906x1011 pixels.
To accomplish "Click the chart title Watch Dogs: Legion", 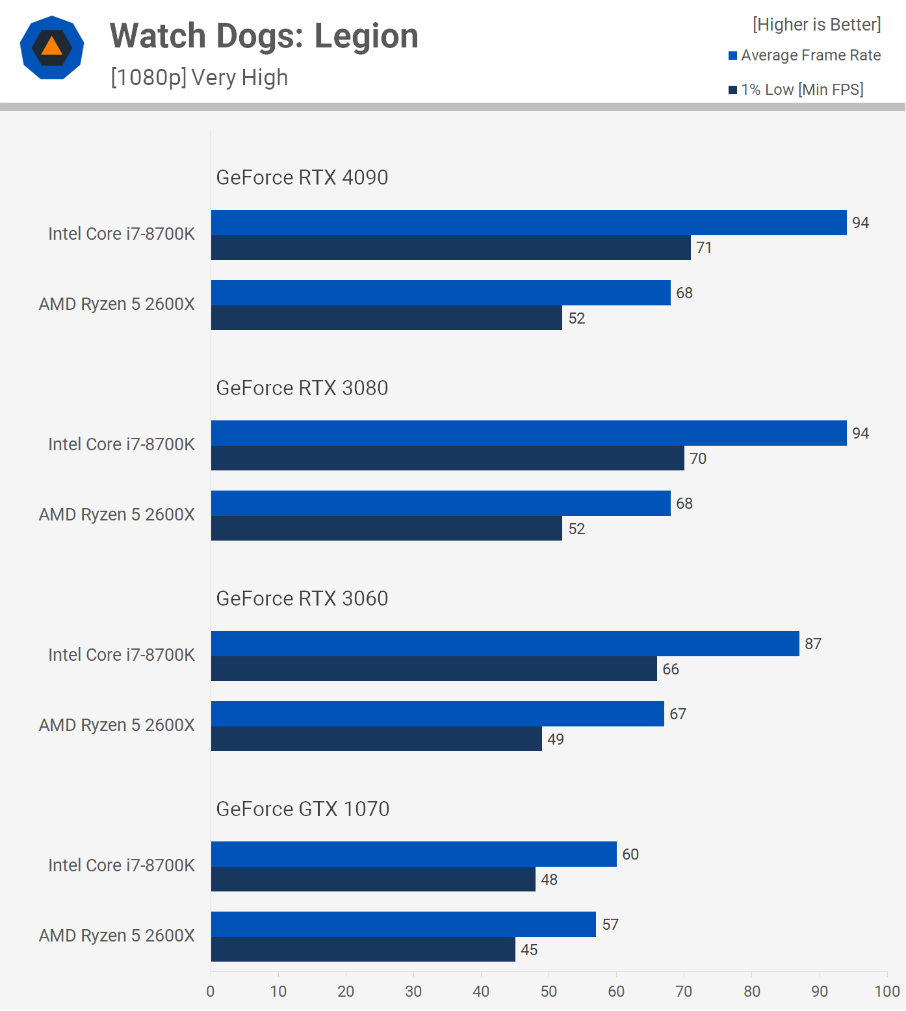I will pyautogui.click(x=264, y=36).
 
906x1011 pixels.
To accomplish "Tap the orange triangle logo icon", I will pyautogui.click(x=52, y=47).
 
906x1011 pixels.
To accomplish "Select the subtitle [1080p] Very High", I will pyautogui.click(x=199, y=77).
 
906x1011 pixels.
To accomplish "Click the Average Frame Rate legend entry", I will pyautogui.click(x=805, y=55).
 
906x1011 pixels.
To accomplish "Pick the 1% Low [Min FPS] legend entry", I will pyautogui.click(x=796, y=90).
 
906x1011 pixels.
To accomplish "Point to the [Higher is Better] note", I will pyautogui.click(x=816, y=25).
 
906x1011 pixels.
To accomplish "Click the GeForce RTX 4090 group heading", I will pyautogui.click(x=302, y=177).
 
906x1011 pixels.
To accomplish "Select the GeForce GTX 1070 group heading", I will pyautogui.click(x=302, y=809).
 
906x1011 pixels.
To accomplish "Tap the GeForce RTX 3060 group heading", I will pyautogui.click(x=302, y=598).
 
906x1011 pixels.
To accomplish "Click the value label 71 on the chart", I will pyautogui.click(x=704, y=248).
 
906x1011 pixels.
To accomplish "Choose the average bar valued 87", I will pyautogui.click(x=504, y=643).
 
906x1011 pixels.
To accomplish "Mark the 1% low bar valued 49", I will pyautogui.click(x=376, y=739).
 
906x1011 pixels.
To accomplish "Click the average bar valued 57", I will pyautogui.click(x=403, y=924).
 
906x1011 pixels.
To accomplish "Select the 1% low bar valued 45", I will pyautogui.click(x=363, y=949).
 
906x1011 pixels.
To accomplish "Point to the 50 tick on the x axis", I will pyautogui.click(x=549, y=991).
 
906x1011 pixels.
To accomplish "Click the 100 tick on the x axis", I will pyautogui.click(x=887, y=991).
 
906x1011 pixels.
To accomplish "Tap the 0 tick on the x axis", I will pyautogui.click(x=211, y=991).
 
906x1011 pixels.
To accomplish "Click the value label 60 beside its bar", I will pyautogui.click(x=630, y=854).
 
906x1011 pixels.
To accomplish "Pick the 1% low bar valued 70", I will pyautogui.click(x=447, y=458).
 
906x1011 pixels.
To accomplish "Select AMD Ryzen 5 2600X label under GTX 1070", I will pyautogui.click(x=117, y=936).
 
